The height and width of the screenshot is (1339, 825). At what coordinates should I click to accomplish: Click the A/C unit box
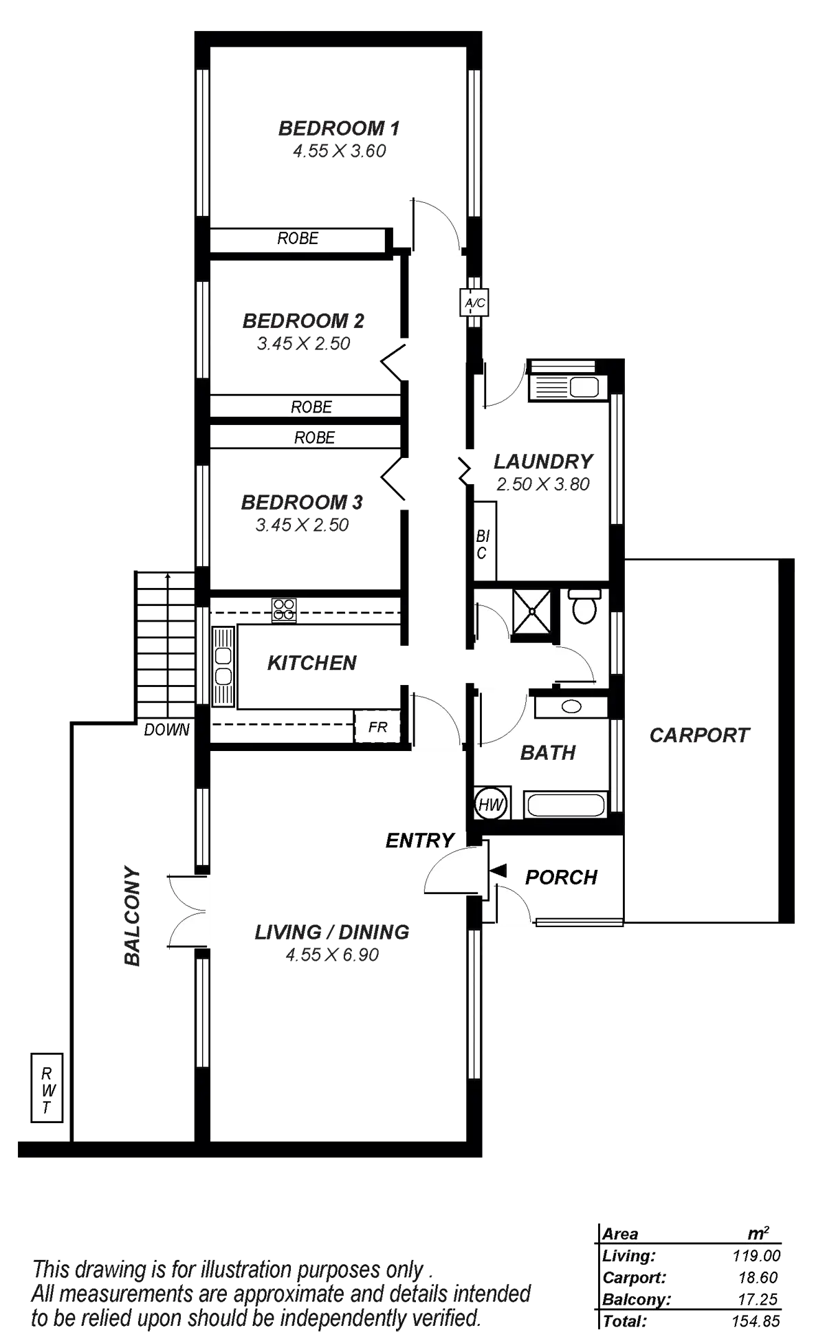pos(474,302)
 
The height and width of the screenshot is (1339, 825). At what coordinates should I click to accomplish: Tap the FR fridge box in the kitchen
pos(377,727)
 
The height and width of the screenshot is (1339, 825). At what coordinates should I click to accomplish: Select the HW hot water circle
pos(491,804)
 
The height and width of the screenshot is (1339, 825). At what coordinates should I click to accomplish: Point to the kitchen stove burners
pos(284,609)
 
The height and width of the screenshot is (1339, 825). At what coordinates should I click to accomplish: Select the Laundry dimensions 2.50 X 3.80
pos(543,484)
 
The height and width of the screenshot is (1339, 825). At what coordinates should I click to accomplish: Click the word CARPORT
pos(698,735)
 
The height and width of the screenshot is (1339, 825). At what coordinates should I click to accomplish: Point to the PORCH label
pos(561,878)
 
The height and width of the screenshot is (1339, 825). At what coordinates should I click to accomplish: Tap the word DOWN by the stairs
pos(166,730)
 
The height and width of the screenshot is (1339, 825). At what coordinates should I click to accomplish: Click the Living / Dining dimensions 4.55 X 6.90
pos(333,955)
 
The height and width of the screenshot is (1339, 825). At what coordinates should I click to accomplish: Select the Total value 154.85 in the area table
pos(756,1321)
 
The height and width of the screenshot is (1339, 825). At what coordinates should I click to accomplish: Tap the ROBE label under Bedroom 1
pos(298,239)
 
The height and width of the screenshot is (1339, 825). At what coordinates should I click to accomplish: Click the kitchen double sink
pos(223,665)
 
